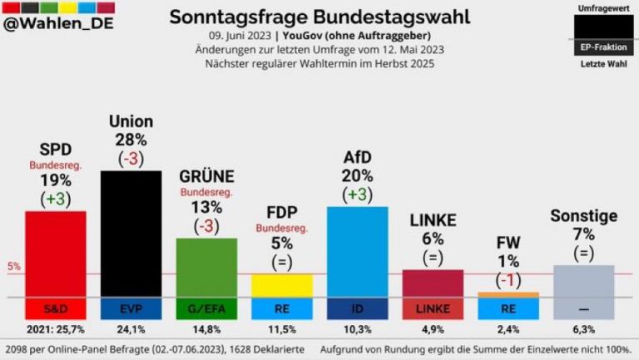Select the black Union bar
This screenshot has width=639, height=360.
pyautogui.click(x=131, y=234)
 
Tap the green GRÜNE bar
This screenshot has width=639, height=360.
pyautogui.click(x=206, y=267)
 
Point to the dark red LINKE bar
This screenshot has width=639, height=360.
pyautogui.click(x=433, y=283)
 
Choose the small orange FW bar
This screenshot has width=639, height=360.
pyautogui.click(x=508, y=294)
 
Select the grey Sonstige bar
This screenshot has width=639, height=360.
pyautogui.click(x=583, y=281)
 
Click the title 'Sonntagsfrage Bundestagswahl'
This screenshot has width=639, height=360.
pyautogui.click(x=319, y=17)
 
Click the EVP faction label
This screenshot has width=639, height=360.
pyautogui.click(x=131, y=309)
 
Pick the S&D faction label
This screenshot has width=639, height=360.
pyautogui.click(x=56, y=309)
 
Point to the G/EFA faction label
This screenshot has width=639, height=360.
pyautogui.click(x=206, y=309)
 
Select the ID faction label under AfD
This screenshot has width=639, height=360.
pyautogui.click(x=358, y=309)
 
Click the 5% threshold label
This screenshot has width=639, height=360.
pyautogui.click(x=13, y=267)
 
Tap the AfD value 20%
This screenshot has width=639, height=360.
pyautogui.click(x=358, y=175)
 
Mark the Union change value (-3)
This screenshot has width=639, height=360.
pyautogui.click(x=131, y=158)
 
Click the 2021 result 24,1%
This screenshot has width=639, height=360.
pyautogui.click(x=131, y=328)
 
